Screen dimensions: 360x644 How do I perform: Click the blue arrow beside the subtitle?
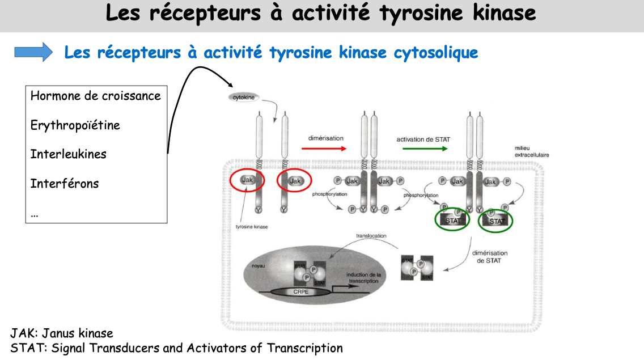(33, 52)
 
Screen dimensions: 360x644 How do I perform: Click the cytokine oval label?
(244, 98)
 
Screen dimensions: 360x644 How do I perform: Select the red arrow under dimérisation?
(323, 149)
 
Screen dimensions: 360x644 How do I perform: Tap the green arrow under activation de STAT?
(425, 149)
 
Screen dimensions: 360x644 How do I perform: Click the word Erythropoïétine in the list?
(75, 125)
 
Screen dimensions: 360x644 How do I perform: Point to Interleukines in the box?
(69, 154)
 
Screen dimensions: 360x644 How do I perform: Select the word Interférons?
(65, 184)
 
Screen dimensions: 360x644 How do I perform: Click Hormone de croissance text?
(96, 95)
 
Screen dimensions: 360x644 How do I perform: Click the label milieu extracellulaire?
(531, 152)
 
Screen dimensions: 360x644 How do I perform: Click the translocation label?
(371, 235)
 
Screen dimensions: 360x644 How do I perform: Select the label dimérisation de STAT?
(489, 257)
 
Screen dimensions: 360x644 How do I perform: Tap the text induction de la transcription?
(363, 278)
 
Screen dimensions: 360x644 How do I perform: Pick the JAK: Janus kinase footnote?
(62, 333)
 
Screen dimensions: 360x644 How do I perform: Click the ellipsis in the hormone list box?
(35, 214)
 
